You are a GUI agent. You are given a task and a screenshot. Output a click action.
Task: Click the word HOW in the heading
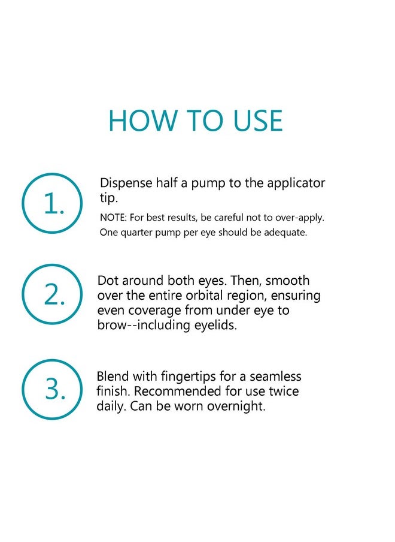pyautogui.click(x=142, y=121)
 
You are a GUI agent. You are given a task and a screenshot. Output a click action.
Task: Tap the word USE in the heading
pyautogui.click(x=258, y=121)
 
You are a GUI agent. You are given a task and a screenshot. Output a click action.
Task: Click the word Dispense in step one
pyautogui.click(x=126, y=183)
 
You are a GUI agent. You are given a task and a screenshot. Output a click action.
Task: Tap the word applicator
pyautogui.click(x=296, y=183)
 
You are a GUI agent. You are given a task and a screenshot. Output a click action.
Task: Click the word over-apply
pyautogui.click(x=300, y=218)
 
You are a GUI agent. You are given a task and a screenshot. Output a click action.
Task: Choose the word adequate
pyautogui.click(x=285, y=233)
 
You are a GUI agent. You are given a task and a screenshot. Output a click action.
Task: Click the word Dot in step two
pyautogui.click(x=108, y=281)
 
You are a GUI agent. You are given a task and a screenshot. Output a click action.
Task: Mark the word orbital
pyautogui.click(x=204, y=296)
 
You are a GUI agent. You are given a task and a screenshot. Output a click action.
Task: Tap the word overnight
pyautogui.click(x=236, y=406)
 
